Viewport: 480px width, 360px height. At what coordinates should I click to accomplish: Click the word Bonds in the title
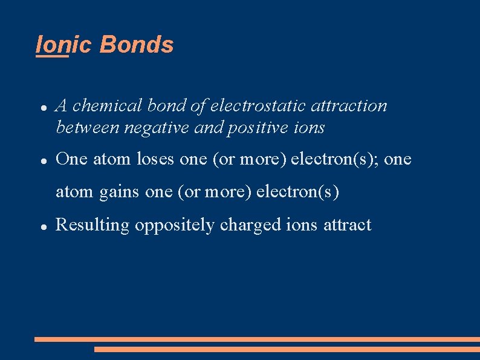point(137,45)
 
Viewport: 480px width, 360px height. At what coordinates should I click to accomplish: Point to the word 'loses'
point(156,160)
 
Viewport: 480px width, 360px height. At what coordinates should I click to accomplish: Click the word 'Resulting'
point(92,225)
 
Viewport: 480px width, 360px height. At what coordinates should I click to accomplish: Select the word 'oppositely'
point(175,225)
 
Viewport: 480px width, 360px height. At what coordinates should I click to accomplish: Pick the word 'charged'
point(250,225)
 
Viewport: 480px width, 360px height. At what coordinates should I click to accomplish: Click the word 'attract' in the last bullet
point(348,225)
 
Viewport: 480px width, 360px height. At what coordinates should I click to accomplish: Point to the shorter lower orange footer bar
point(287,349)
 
